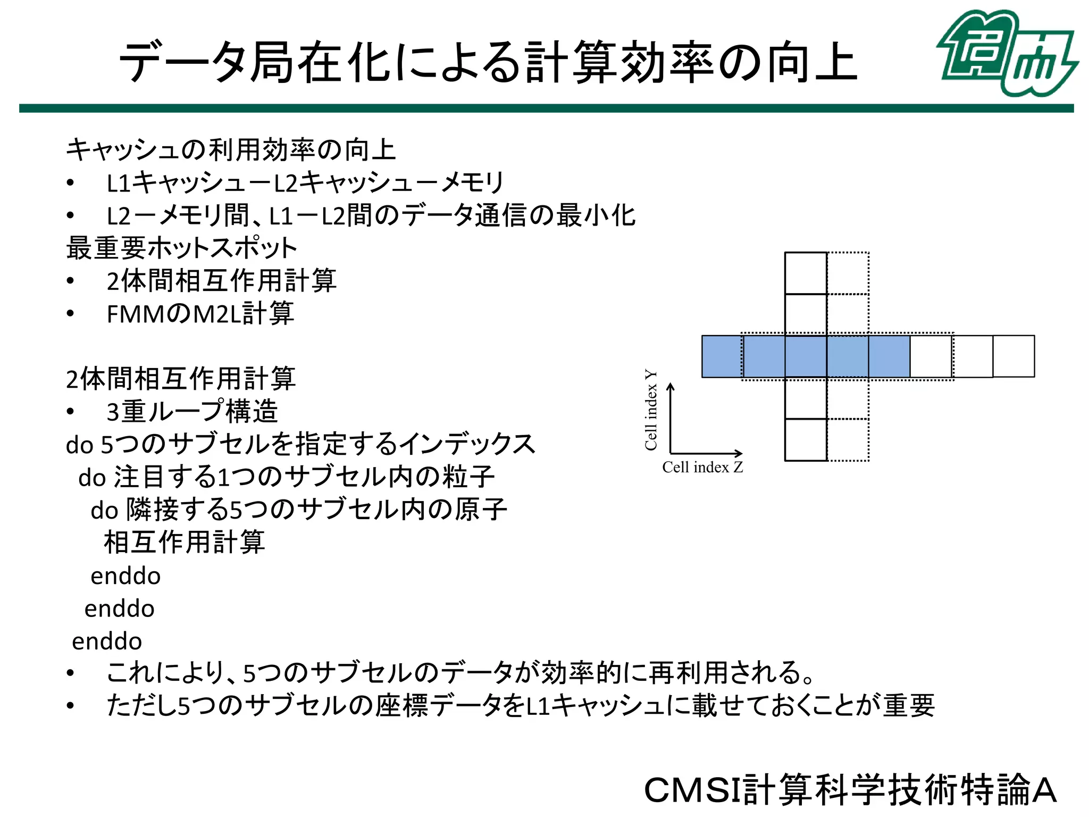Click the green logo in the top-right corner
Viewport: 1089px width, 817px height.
coord(1007,53)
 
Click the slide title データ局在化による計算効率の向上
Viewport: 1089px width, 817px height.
coord(488,63)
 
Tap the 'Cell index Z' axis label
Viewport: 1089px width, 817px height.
coord(702,468)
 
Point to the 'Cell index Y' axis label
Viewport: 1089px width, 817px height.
coord(651,410)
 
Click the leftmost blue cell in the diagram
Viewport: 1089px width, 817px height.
coord(722,356)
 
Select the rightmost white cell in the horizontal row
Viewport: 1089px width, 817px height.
coord(1013,356)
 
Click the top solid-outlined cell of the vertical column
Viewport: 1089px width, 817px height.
coord(806,273)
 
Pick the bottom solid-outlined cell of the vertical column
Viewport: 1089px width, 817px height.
coord(806,440)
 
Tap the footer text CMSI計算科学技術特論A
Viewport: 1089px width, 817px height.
coord(850,790)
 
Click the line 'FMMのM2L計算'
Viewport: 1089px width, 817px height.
coord(200,314)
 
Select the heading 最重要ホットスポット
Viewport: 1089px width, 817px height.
coord(181,248)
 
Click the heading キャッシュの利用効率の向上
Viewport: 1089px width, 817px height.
coord(231,149)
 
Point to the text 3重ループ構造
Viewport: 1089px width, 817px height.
coord(192,412)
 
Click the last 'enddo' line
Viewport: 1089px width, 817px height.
coord(107,641)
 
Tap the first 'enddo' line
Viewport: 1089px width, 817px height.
coord(125,576)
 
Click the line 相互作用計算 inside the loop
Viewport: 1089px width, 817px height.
coord(184,543)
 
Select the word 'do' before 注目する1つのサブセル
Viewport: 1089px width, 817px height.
coord(92,478)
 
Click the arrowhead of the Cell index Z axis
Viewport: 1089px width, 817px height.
coord(739,453)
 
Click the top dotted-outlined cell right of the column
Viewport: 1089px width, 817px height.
coord(848,273)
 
